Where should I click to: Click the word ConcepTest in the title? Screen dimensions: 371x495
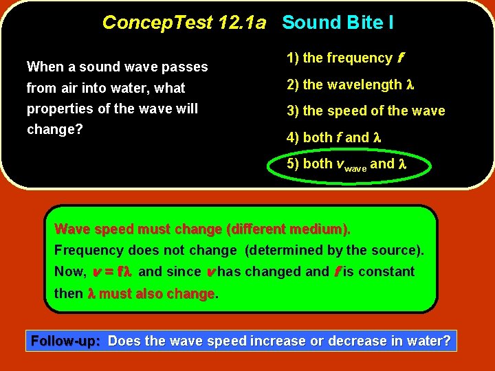[157, 23]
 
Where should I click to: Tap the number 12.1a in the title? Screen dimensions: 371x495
[241, 23]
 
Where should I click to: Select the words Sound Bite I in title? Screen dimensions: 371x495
[338, 23]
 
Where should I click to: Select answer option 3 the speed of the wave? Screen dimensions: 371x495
[365, 111]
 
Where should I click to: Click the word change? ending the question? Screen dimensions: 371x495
[54, 129]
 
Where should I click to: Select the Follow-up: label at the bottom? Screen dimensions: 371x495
[67, 341]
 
